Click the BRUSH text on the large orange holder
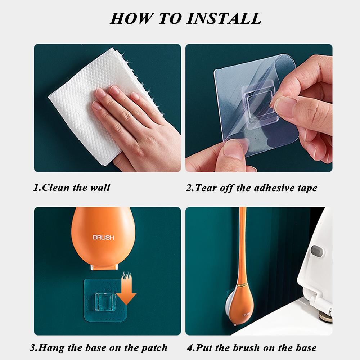(103, 237)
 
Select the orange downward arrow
(128, 288)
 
